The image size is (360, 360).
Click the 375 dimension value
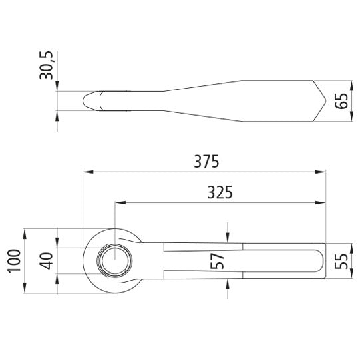point(207,161)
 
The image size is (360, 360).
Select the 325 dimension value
point(220,192)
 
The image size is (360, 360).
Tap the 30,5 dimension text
point(46,65)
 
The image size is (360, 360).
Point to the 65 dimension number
point(341,101)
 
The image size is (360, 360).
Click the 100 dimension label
point(14,261)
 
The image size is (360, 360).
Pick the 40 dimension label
point(46,261)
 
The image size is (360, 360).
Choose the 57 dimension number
point(217,261)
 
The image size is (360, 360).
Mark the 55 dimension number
point(341,261)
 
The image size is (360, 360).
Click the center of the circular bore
point(114,261)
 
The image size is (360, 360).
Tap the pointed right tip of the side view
point(325,101)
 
